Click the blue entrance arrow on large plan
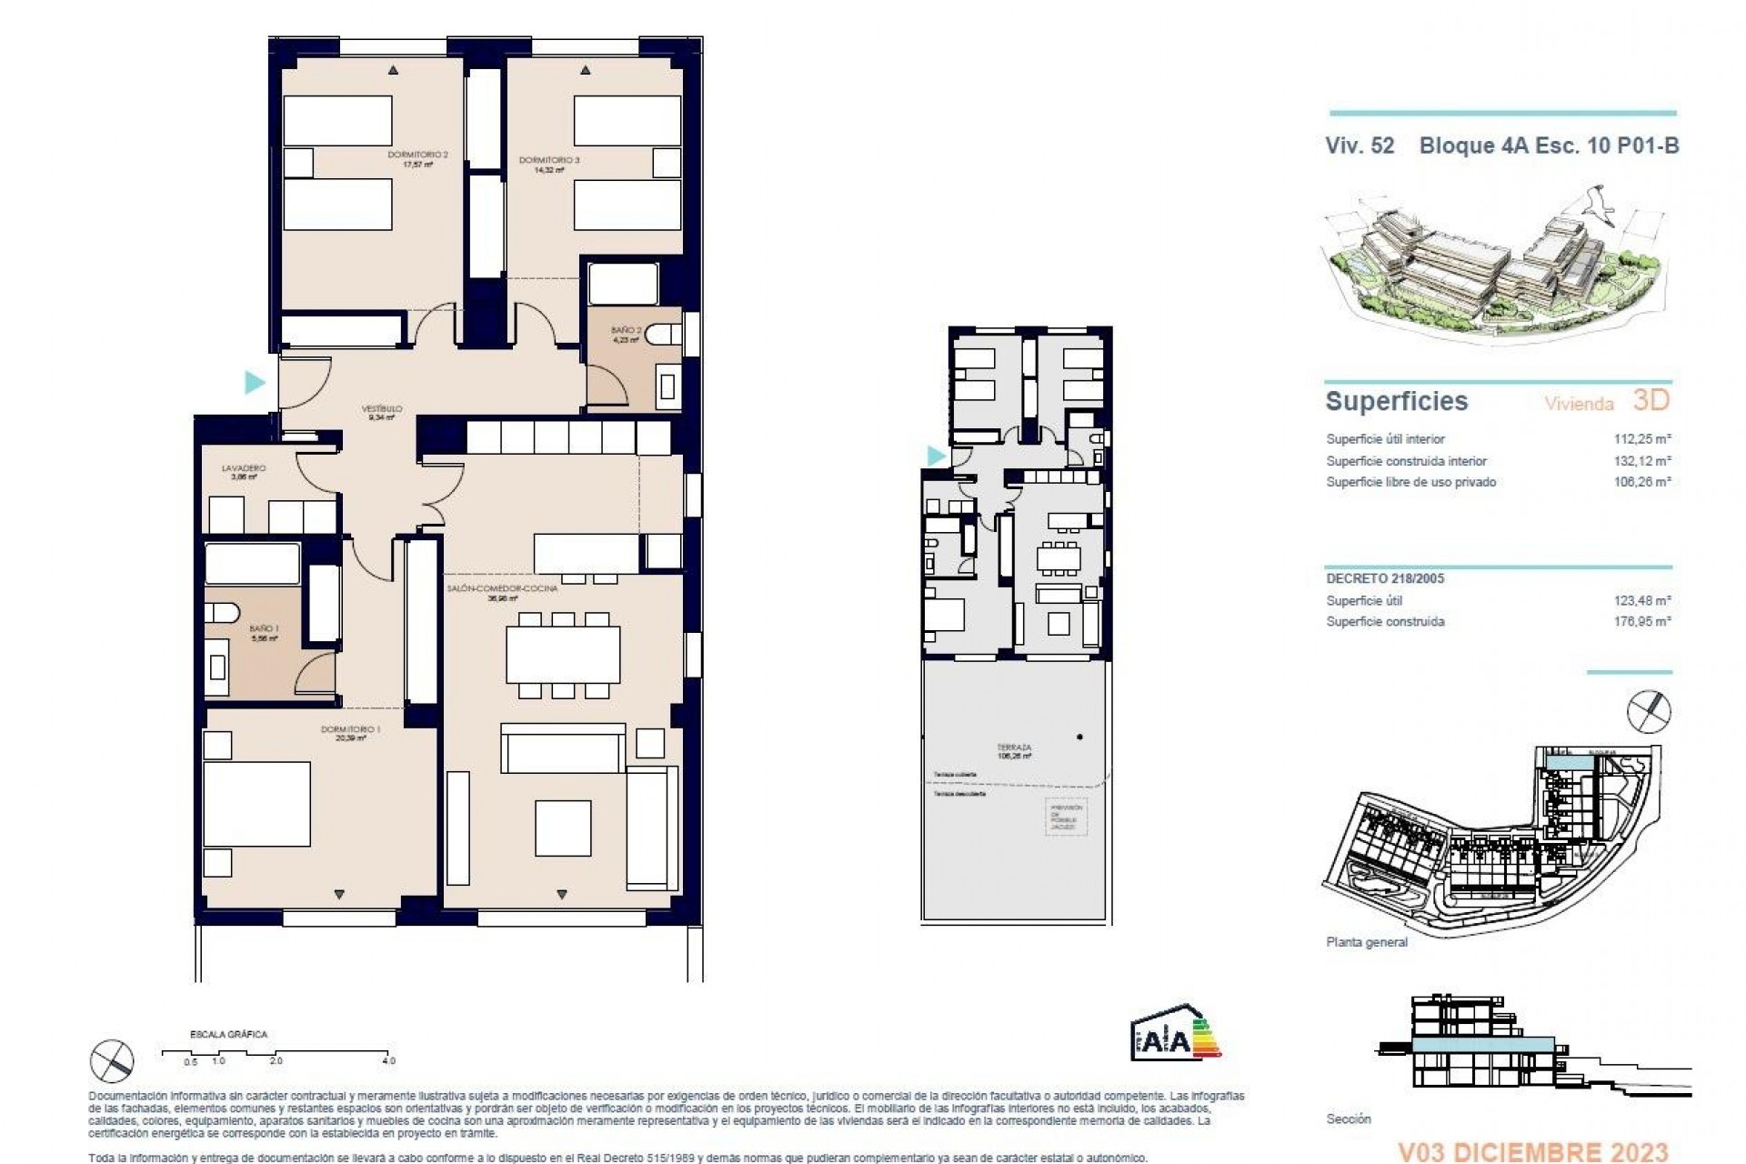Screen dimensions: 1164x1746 [255, 382]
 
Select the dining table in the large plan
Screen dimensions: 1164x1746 [563, 655]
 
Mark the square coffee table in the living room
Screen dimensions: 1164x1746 [563, 828]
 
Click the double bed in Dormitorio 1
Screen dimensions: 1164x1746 [256, 805]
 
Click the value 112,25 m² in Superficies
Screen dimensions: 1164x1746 [1642, 438]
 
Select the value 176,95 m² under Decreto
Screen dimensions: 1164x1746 [1642, 622]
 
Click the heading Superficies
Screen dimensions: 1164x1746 [1397, 401]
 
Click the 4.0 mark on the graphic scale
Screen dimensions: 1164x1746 [389, 1060]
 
